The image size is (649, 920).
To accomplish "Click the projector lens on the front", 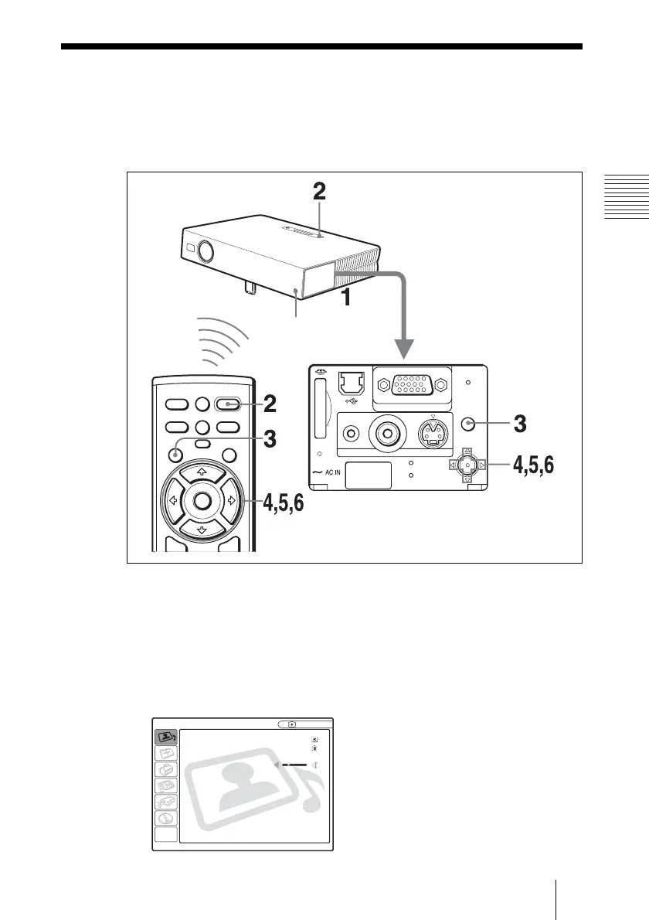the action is click(206, 250).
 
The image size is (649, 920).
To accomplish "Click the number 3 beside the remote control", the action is click(269, 440).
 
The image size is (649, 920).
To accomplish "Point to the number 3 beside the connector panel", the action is click(522, 424).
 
